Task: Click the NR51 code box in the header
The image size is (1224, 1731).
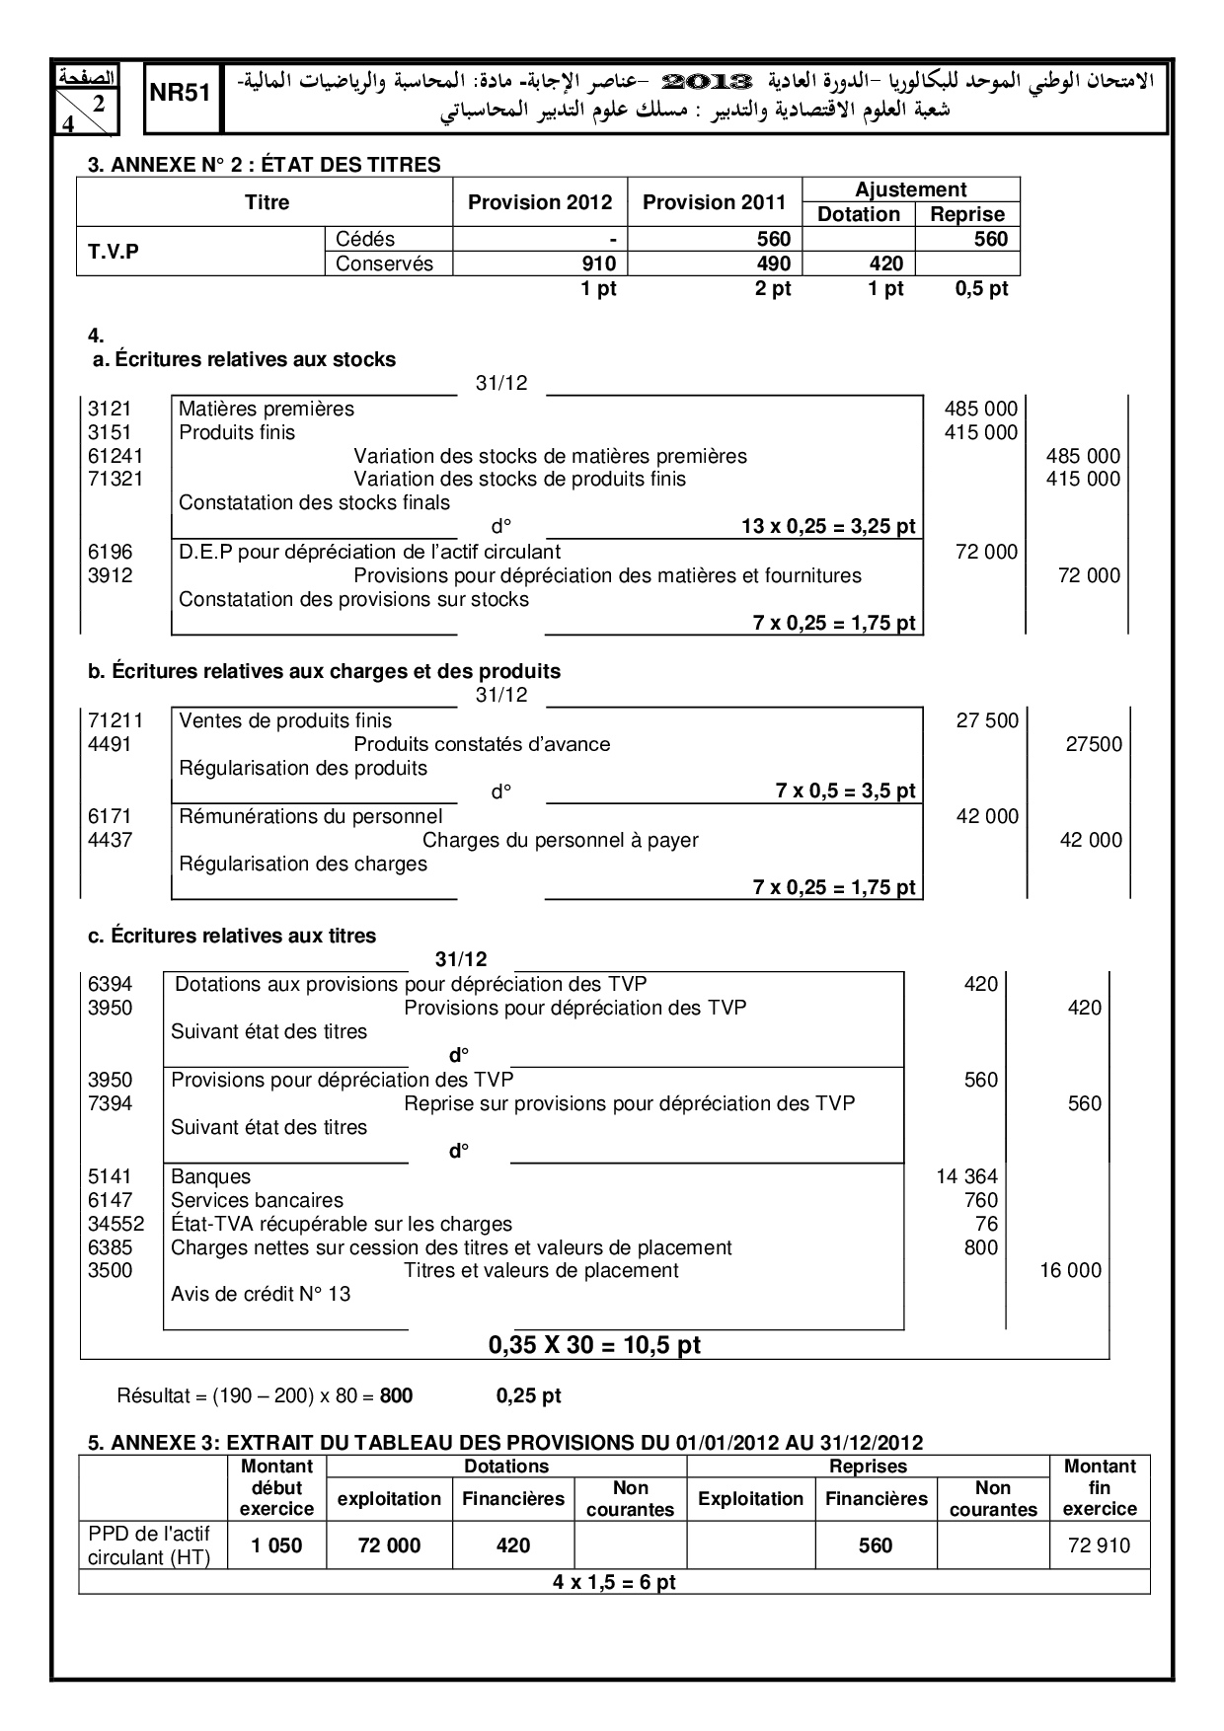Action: [x=182, y=94]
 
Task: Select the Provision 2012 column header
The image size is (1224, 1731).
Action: [x=540, y=202]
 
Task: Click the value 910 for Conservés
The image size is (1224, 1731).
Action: [x=599, y=263]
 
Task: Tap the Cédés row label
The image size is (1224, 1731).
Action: [x=365, y=239]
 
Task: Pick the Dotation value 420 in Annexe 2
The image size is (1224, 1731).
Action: [x=886, y=263]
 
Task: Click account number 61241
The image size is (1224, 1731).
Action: [x=115, y=456]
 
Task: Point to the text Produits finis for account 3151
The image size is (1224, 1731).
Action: [x=237, y=432]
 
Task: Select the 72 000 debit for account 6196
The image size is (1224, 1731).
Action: [x=986, y=552]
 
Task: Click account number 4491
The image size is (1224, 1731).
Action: [x=110, y=744]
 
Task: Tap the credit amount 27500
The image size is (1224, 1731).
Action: [x=1094, y=744]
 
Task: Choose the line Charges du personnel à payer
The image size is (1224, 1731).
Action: [x=560, y=840]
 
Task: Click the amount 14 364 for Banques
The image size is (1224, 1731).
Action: [x=966, y=1176]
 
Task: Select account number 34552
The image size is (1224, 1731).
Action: [x=116, y=1224]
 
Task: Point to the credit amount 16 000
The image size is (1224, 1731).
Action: [x=1070, y=1270]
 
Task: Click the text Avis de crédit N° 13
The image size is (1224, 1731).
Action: [x=261, y=1294]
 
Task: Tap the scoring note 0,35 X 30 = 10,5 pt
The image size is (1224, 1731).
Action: [x=594, y=1344]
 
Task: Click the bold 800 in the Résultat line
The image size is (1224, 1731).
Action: [x=397, y=1395]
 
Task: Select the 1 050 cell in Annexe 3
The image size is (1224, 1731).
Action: [x=276, y=1545]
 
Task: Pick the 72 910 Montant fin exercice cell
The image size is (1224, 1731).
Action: [x=1099, y=1545]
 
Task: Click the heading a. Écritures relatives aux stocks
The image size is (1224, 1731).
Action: [x=244, y=359]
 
